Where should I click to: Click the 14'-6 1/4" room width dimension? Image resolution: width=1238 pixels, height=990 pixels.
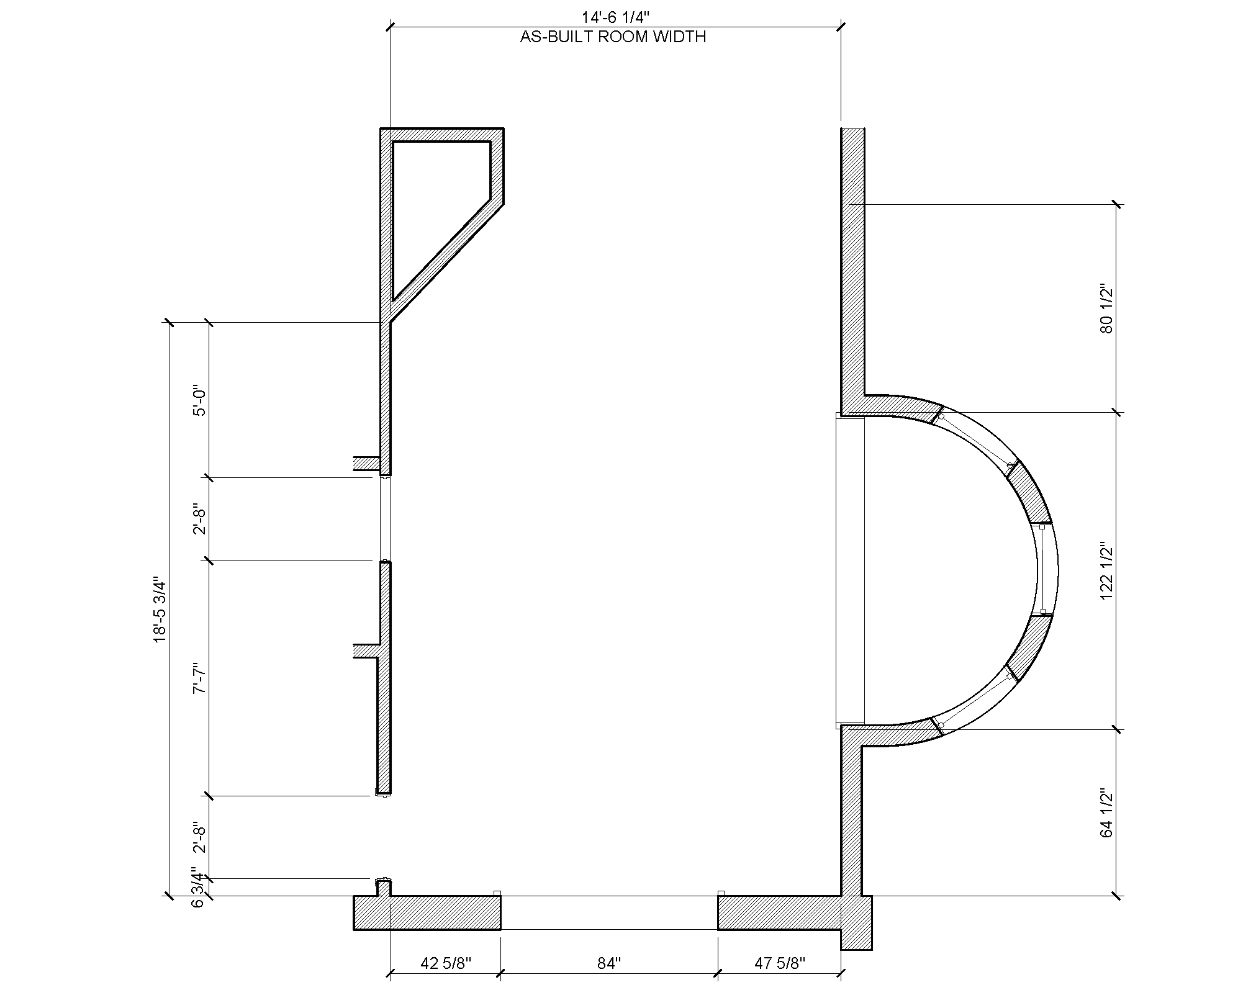pos(615,18)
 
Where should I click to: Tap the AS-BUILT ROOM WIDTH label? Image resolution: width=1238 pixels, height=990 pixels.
pos(613,37)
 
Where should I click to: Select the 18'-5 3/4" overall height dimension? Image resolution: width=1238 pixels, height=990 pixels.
pos(160,610)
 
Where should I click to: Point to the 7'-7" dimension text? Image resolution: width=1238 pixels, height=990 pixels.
pos(199,679)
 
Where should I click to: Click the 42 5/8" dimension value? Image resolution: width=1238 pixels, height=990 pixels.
pos(446,963)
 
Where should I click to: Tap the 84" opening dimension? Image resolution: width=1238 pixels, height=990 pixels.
pos(609,963)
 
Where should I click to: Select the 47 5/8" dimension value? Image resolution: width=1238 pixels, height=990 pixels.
pos(780,963)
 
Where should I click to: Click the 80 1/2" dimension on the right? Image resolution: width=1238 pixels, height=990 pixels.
pos(1106,309)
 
